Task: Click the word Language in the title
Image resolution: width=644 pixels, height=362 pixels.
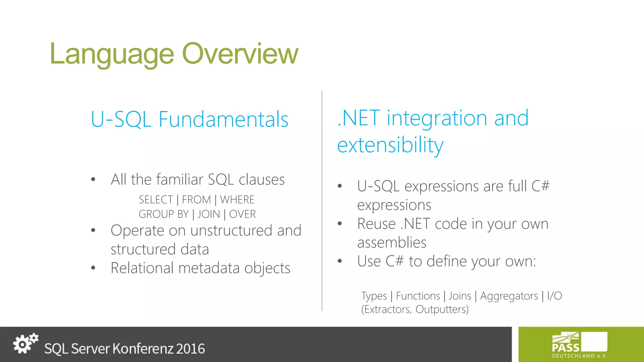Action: [112, 54]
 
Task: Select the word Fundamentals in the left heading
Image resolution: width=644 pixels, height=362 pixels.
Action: [223, 119]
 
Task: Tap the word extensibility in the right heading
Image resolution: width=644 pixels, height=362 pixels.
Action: [390, 145]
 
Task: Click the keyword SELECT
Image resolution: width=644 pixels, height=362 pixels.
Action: [156, 200]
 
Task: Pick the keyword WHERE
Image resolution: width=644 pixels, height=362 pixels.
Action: [237, 200]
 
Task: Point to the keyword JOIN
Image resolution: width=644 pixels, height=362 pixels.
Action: [208, 214]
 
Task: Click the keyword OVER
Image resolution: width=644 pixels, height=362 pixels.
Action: [242, 214]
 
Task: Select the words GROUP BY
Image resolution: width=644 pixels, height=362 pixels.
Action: [164, 214]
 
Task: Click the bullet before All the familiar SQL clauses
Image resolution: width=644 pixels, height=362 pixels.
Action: [93, 180]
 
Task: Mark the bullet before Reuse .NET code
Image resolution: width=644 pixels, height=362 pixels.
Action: [340, 224]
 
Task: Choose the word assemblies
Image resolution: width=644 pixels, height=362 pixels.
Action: [392, 243]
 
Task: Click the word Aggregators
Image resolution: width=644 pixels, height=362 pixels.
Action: [509, 296]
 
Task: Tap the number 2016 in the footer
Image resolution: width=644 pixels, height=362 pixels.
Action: [190, 349]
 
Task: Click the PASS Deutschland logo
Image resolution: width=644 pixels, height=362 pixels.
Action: [580, 345]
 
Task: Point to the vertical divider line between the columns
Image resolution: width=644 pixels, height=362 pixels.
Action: [322, 201]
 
